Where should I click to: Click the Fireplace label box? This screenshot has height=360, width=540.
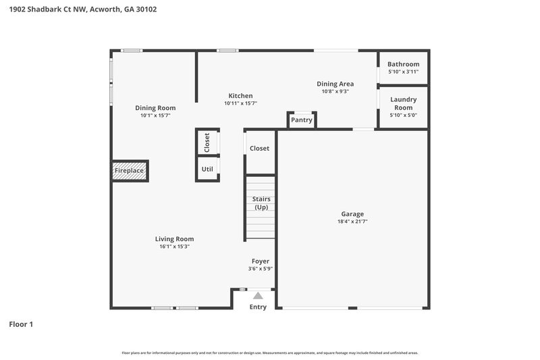coord(129,171)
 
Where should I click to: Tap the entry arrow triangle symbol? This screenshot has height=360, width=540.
coord(258,295)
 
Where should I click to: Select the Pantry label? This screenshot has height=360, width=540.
coord(302,120)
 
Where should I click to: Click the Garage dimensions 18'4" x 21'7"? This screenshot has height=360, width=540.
coord(352,222)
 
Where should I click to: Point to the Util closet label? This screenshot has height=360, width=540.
coord(207,169)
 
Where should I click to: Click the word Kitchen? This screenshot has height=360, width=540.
coord(240,96)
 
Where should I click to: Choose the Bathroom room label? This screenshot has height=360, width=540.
coord(403,64)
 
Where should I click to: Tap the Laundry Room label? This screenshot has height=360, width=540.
coord(403,103)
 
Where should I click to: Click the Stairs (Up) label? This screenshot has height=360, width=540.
coord(261,203)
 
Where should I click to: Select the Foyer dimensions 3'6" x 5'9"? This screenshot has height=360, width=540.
coord(260,269)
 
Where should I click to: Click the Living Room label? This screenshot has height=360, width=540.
coord(174,238)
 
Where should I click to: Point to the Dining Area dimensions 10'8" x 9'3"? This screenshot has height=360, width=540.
coord(335,91)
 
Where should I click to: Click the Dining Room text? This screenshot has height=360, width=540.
coord(155,108)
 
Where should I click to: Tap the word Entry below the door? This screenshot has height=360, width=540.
coord(258,307)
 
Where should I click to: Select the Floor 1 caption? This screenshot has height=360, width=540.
coord(21,324)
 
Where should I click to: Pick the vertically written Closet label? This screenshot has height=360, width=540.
coord(207,143)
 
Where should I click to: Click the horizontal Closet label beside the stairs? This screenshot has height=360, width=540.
coord(259,148)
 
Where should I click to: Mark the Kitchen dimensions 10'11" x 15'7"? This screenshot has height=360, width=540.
coord(240,103)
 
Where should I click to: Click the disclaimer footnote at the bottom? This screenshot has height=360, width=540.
coord(269,353)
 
